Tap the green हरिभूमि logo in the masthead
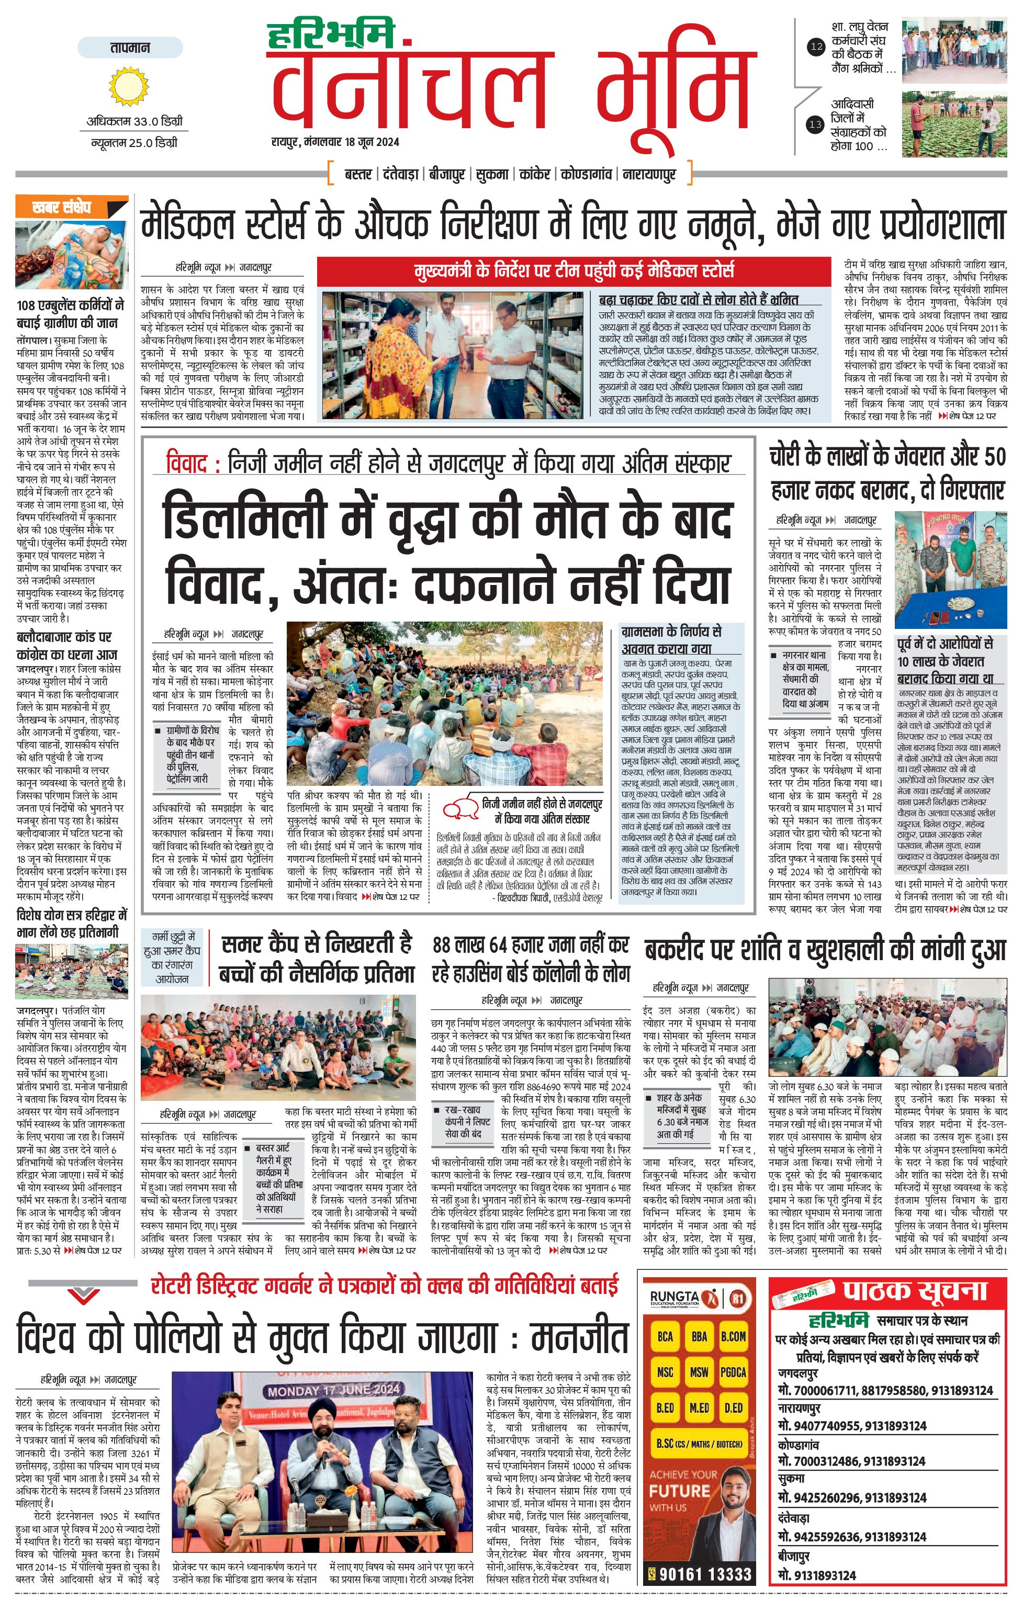click(330, 36)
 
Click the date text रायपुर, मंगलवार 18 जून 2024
click(335, 142)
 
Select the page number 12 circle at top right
click(816, 47)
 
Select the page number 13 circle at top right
click(816, 125)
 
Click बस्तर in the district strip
click(357, 174)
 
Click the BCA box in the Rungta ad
click(666, 1336)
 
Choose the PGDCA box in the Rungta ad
click(733, 1372)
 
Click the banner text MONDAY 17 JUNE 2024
click(334, 1390)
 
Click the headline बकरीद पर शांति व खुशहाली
click(825, 950)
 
